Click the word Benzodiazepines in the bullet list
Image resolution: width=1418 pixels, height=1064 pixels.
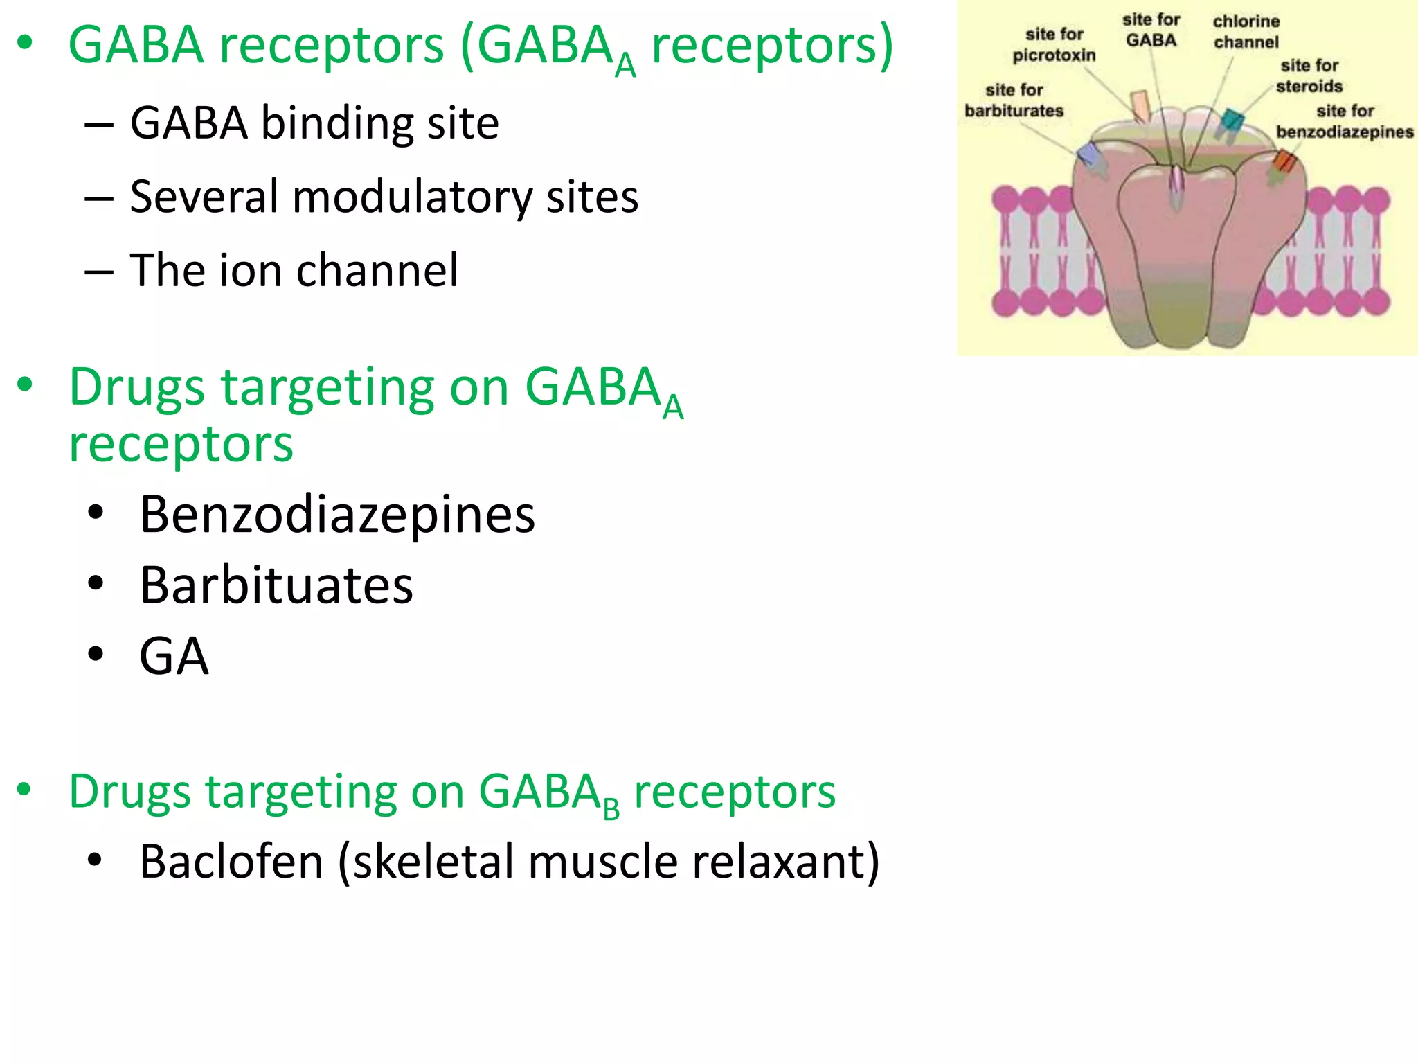[x=337, y=515]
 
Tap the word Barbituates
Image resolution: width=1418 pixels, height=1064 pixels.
[x=276, y=585]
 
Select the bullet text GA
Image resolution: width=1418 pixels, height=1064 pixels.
[x=174, y=656]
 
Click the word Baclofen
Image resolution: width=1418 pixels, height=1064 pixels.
[x=231, y=862]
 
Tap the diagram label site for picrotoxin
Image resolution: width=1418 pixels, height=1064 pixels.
[x=1054, y=44]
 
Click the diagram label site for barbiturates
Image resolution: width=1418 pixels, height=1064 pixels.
[x=1014, y=100]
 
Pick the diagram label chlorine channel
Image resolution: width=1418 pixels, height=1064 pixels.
[x=1246, y=32]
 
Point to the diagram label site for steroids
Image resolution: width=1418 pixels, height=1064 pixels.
[x=1309, y=76]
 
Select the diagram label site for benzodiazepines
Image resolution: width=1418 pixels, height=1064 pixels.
[x=1345, y=121]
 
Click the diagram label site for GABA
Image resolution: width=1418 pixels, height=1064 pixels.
[x=1151, y=30]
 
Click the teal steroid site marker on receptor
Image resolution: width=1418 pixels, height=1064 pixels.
[x=1231, y=121]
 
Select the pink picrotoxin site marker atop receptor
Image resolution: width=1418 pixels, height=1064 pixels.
[x=1139, y=106]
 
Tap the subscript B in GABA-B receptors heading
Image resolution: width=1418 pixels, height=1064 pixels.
[x=611, y=809]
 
